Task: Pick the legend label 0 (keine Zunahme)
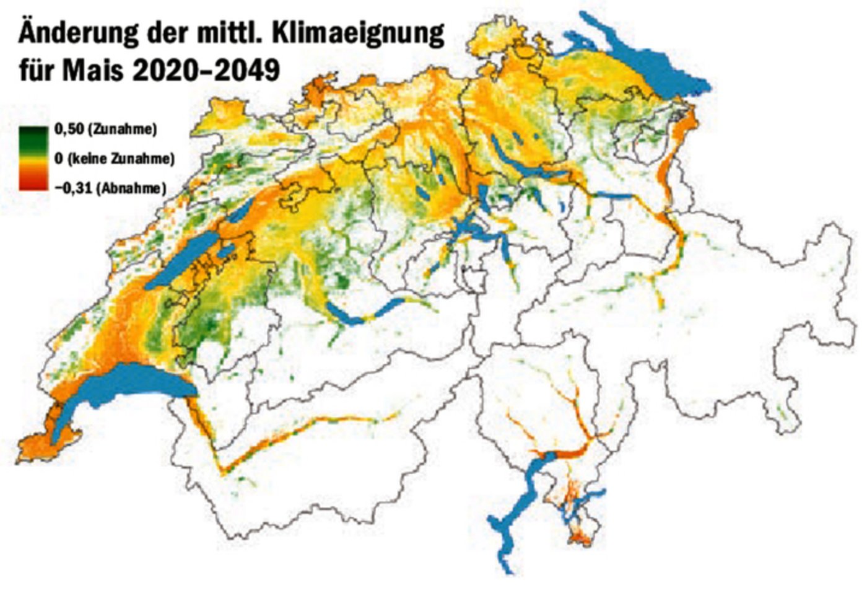point(114,159)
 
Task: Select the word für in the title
point(37,69)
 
